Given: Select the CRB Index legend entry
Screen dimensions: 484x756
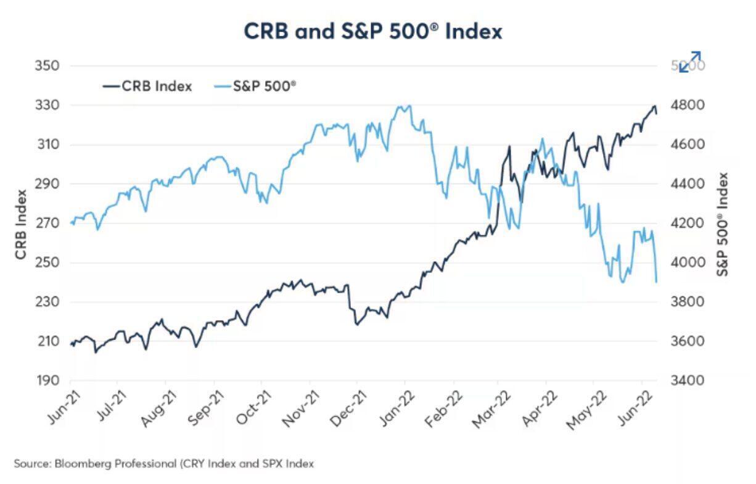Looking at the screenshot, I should pyautogui.click(x=147, y=86).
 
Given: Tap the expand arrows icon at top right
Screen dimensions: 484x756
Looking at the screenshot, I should pyautogui.click(x=689, y=62).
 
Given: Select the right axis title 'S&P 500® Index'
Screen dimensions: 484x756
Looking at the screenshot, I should pyautogui.click(x=723, y=223).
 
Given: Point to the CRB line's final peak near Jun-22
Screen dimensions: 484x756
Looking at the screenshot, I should pyautogui.click(x=654, y=106).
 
